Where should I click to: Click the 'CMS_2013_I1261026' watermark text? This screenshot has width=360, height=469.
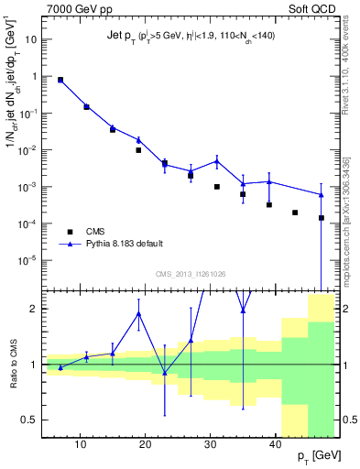point(190,274)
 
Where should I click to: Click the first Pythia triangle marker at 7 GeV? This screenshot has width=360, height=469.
point(60,80)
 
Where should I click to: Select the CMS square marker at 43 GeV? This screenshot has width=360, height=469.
point(295,212)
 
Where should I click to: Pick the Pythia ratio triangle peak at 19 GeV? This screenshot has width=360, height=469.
point(138,313)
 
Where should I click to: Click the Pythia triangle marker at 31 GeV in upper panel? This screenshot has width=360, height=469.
point(217,160)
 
